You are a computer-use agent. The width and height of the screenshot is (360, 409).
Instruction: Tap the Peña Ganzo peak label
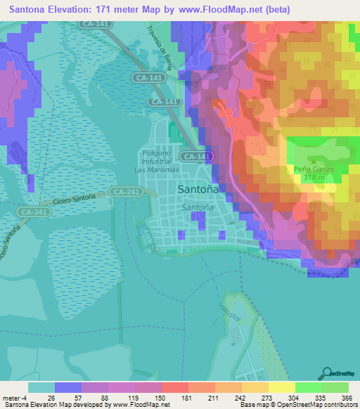[313, 169]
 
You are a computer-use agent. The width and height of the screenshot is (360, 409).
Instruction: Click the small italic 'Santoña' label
[198, 208]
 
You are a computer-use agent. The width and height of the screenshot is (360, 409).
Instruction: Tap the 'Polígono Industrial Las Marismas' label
[157, 161]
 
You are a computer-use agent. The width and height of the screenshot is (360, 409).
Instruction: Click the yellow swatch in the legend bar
[281, 387]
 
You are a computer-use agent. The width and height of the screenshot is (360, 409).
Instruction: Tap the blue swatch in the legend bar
[68, 387]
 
